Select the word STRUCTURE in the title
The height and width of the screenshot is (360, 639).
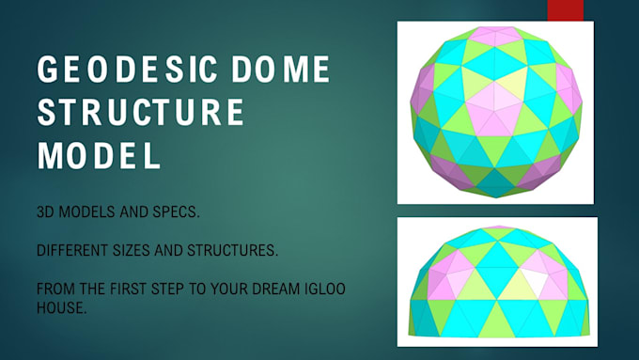click(x=141, y=113)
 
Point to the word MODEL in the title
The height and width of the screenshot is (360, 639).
click(x=99, y=154)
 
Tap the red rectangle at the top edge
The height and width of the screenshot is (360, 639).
click(x=566, y=8)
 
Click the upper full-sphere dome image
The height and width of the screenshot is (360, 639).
click(x=496, y=112)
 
